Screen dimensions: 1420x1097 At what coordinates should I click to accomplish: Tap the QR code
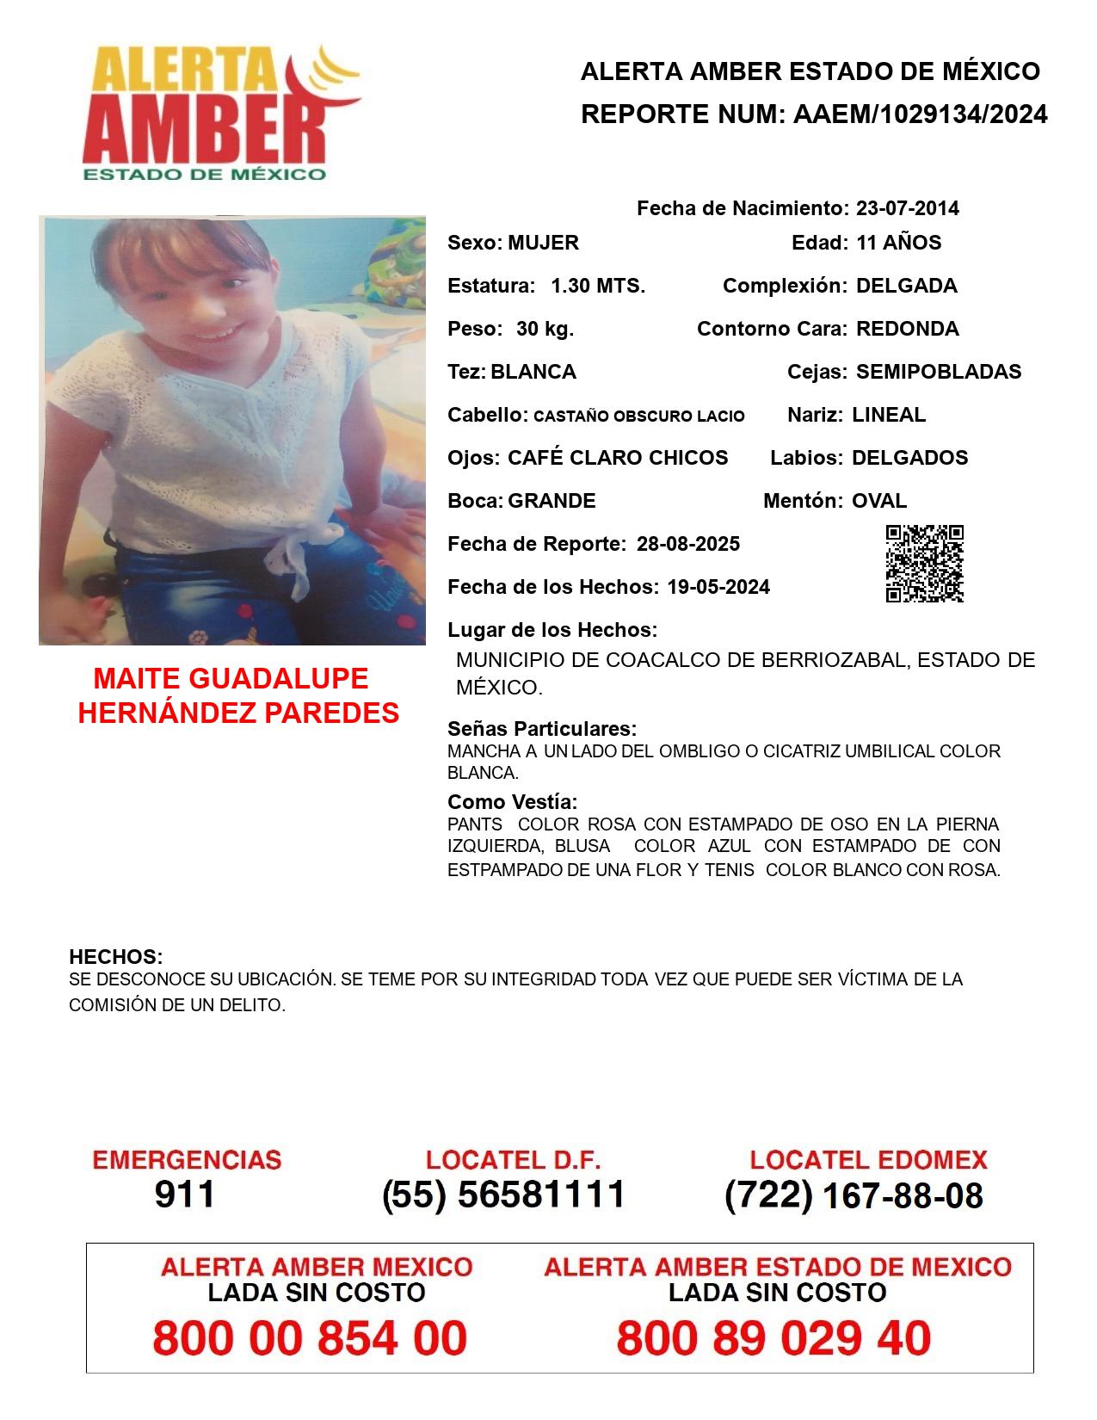(924, 564)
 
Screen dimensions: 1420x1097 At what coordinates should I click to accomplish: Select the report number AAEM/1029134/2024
(920, 114)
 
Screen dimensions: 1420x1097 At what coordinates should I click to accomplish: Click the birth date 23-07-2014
(907, 208)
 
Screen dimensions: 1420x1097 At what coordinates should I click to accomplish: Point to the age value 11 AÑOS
(898, 243)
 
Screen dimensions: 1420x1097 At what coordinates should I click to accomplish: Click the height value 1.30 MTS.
(598, 286)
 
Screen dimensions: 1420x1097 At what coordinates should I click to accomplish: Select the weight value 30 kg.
(545, 329)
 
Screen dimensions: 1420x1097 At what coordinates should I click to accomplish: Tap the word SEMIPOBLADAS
(939, 372)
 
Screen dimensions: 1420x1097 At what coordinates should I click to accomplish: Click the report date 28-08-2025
(688, 544)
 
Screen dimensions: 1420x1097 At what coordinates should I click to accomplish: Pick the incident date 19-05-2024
(718, 587)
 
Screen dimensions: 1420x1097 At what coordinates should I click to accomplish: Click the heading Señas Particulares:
(542, 729)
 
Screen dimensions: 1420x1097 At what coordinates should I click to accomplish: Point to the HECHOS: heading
(116, 957)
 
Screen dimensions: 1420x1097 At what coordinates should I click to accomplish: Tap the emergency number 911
(185, 1195)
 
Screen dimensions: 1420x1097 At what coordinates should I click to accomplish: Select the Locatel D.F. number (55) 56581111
(503, 1195)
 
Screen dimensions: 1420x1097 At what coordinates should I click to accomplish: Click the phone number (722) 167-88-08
(854, 1195)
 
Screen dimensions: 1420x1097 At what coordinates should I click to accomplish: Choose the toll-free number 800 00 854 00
(310, 1338)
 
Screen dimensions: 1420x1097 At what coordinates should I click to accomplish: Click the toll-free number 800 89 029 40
(773, 1338)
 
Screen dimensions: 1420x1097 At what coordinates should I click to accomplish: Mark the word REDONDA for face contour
(907, 329)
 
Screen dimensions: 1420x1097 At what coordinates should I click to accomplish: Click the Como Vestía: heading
(512, 802)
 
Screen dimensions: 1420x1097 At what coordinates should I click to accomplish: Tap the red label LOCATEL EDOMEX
(868, 1160)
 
